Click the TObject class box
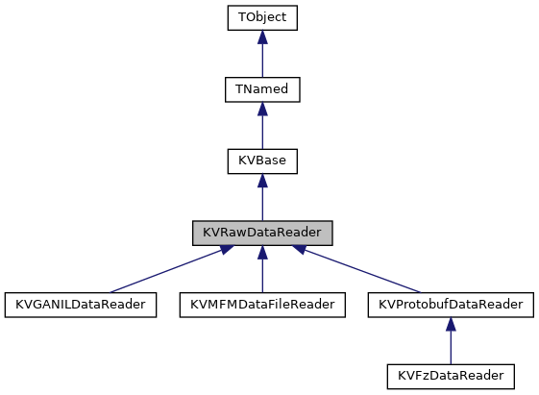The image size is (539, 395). tap(262, 18)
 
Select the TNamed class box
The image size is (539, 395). tap(262, 89)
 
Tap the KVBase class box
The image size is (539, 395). tap(262, 160)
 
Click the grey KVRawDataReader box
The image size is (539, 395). tap(262, 233)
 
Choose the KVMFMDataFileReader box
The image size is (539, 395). tap(262, 304)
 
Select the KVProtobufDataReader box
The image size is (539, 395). tap(451, 304)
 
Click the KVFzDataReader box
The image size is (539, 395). tap(451, 375)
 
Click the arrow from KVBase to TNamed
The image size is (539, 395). tap(262, 129)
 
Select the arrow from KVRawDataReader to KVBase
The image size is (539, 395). tap(262, 200)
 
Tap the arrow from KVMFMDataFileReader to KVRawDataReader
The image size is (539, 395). tap(262, 273)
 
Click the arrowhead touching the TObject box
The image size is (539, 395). tap(262, 37)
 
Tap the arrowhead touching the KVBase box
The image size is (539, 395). tap(262, 180)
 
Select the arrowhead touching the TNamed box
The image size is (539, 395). tap(262, 109)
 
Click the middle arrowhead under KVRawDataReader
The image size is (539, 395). tap(262, 252)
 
